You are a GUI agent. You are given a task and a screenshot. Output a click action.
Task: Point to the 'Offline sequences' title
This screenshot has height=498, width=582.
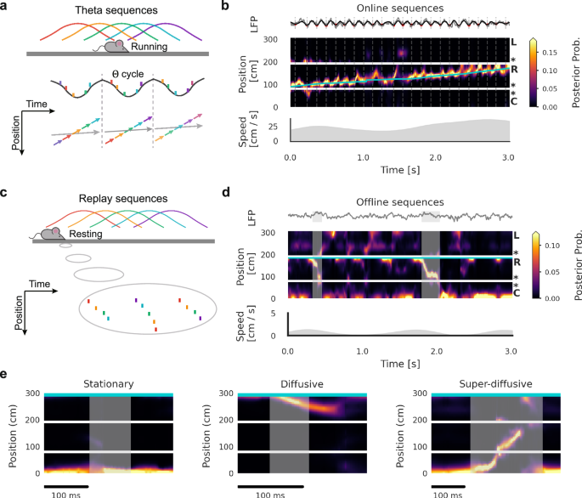pyautogui.click(x=398, y=201)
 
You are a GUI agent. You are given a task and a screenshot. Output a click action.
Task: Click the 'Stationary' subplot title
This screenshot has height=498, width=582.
pyautogui.click(x=108, y=383)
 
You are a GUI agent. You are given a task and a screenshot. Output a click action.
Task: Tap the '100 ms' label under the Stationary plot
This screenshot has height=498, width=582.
pyautogui.click(x=65, y=492)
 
